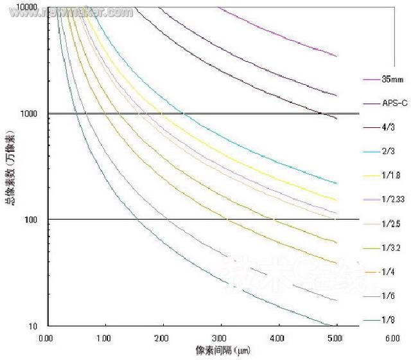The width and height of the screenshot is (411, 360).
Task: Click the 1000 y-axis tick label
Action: coord(29,114)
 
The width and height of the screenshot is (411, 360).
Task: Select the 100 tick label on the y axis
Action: coord(31,220)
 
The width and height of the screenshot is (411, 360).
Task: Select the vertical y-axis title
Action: coord(8,167)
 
